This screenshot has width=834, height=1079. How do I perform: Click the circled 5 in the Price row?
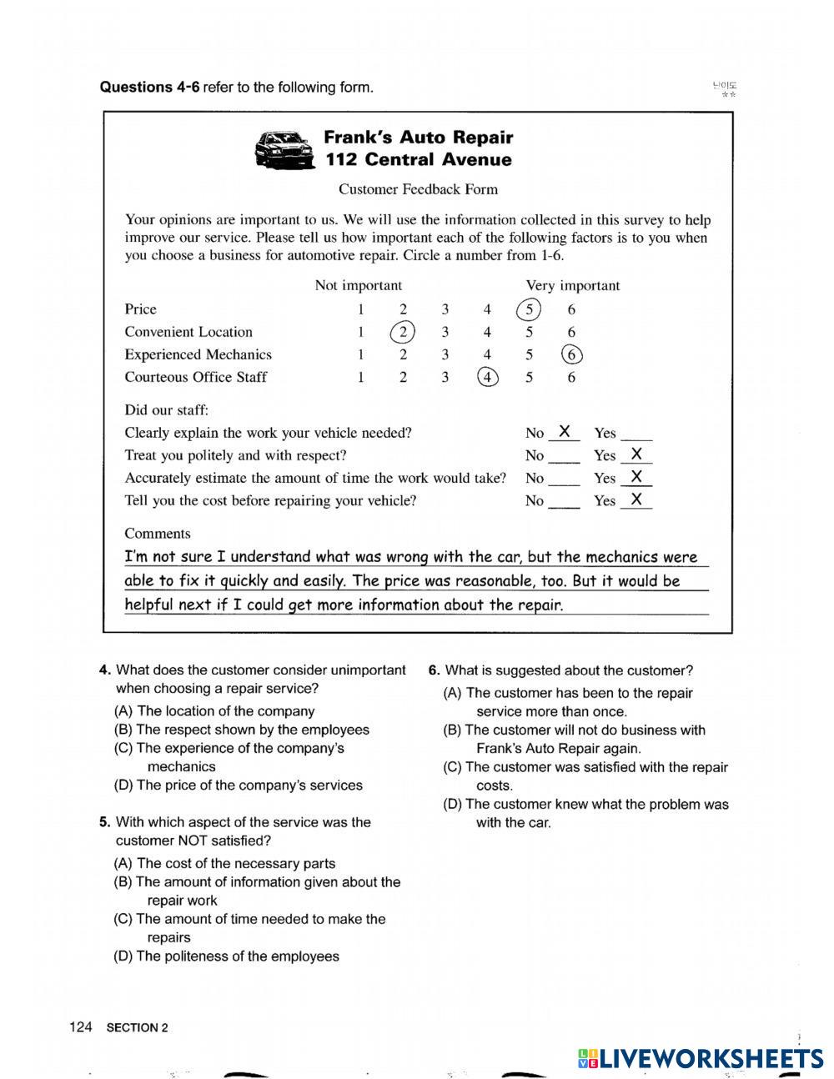tap(529, 309)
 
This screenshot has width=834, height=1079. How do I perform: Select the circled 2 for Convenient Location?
tap(402, 332)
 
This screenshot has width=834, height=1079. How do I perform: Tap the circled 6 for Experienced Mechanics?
tap(571, 354)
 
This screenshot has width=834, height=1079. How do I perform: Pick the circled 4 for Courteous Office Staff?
tap(487, 377)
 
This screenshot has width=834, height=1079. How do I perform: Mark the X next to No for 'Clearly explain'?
tap(565, 431)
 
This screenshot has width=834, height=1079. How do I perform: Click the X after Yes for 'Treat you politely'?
tap(636, 454)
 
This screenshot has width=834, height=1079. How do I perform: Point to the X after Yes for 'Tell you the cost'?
tap(636, 499)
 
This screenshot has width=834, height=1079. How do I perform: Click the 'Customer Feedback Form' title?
tap(418, 189)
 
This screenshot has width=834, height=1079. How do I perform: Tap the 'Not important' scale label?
tap(358, 285)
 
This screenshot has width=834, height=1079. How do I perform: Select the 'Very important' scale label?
tap(572, 285)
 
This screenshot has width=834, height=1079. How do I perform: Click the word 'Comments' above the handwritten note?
tap(158, 534)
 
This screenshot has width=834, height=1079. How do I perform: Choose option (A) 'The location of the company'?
tap(215, 711)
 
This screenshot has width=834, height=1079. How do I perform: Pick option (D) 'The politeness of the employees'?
tap(227, 956)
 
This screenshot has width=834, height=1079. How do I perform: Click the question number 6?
tap(434, 670)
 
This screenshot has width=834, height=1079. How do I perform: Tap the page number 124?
tap(80, 1027)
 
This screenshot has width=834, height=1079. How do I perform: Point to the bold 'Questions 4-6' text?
tap(149, 88)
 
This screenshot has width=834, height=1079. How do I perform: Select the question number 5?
tap(104, 822)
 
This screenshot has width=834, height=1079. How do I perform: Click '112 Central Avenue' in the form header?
tap(418, 160)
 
